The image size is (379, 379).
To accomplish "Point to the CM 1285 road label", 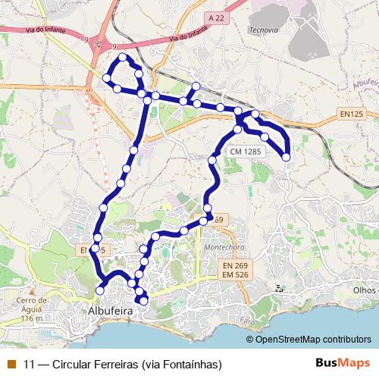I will pyautogui.click(x=247, y=152).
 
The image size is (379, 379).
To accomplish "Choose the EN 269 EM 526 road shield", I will pyautogui.click(x=236, y=272).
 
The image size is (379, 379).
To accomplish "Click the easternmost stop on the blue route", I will pyautogui.click(x=287, y=157).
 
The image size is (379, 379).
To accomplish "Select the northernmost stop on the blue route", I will pyautogui.click(x=122, y=58).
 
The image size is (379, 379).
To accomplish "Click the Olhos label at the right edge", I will pyautogui.click(x=365, y=290).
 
